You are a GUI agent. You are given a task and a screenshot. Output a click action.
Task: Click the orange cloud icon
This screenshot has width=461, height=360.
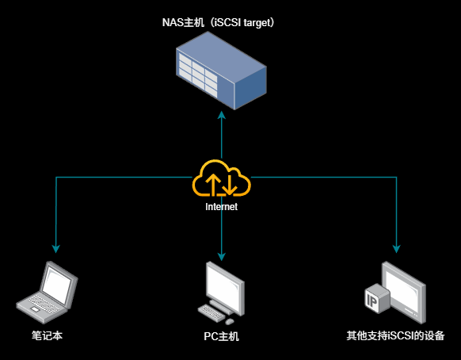coord(221,179)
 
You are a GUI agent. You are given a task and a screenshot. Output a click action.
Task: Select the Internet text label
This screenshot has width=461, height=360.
coord(222,206)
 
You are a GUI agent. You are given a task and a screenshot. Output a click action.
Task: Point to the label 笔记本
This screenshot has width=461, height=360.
coord(47,336)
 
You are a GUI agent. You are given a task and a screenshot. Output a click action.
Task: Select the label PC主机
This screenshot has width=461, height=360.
coord(221,336)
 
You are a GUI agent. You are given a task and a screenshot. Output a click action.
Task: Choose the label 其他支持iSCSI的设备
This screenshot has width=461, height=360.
coord(396,336)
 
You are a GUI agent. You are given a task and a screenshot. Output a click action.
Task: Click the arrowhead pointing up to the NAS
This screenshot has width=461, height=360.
coord(222,116)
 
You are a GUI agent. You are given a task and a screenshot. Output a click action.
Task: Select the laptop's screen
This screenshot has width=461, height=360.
coord(59,281)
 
